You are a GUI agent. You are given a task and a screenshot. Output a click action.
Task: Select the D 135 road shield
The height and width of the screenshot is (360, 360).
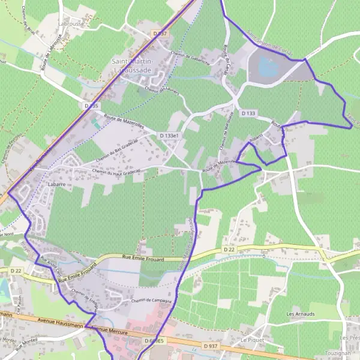pyautogui.click(x=91, y=106)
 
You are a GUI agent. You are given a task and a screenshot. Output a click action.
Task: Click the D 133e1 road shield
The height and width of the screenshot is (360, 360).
pyautogui.click(x=170, y=136)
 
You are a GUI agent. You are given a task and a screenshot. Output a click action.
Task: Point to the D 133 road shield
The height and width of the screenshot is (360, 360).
pyautogui.click(x=248, y=113)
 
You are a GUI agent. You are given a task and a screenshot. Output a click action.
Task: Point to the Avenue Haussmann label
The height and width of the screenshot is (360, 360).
pyautogui.click(x=57, y=321)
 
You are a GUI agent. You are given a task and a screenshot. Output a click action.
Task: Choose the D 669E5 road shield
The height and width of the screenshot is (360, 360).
pyautogui.click(x=154, y=341)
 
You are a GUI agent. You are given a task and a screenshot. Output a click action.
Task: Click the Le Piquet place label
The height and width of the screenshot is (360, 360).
pyautogui.click(x=252, y=340)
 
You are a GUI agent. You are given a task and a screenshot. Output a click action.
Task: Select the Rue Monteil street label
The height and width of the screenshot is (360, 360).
pyautogui.click(x=26, y=343)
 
